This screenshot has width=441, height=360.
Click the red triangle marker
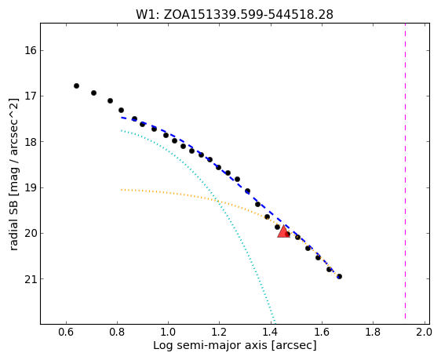(x=283, y=231)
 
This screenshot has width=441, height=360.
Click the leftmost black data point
(x=76, y=85)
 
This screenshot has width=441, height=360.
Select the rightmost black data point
(x=340, y=277)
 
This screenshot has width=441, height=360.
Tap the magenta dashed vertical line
(x=405, y=171)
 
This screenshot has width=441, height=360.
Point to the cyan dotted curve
(x=213, y=194)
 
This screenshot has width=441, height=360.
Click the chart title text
(x=235, y=15)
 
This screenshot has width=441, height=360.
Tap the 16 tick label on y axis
(x=31, y=51)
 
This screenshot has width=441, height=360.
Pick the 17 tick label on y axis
(x=31, y=96)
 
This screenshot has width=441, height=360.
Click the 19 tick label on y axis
(x=31, y=188)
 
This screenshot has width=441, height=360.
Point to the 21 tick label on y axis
(x=31, y=279)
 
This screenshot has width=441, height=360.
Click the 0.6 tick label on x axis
(x=66, y=333)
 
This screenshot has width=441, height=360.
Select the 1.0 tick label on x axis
(x=168, y=333)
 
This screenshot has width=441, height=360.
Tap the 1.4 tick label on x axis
(x=271, y=333)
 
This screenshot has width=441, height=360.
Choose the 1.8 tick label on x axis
(x=373, y=333)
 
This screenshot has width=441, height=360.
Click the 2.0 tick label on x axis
(x=424, y=333)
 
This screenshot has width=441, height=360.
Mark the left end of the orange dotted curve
(x=122, y=190)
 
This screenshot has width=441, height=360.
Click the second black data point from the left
(x=93, y=93)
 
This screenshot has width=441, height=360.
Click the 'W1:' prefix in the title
(x=148, y=15)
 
